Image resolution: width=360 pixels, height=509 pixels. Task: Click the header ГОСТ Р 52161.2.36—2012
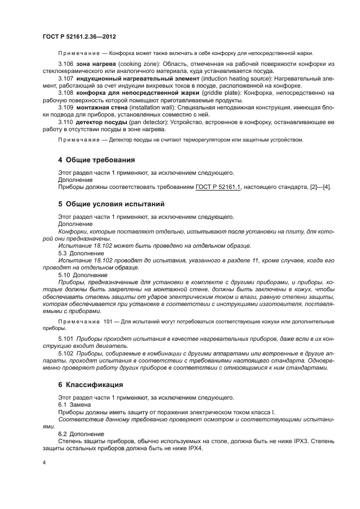pyautogui.click(x=79, y=36)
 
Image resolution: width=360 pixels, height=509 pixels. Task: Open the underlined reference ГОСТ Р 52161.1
pyautogui.click(x=218, y=187)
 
